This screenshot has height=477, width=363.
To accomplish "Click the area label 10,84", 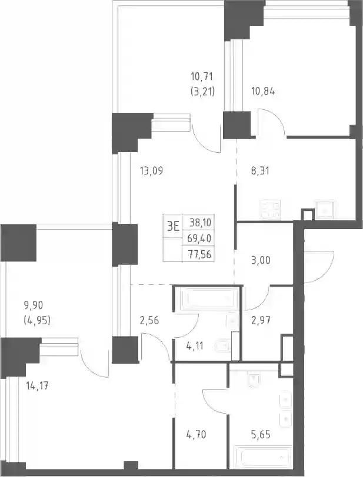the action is coord(263,91).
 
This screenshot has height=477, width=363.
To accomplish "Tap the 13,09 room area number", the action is coord(151,171).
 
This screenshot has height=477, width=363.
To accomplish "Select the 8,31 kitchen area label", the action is coord(260,171).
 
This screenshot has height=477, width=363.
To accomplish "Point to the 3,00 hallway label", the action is coord(261,260).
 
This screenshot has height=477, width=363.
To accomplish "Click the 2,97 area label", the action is coord(261,320).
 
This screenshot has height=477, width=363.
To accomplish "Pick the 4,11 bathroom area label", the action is coord(194,346).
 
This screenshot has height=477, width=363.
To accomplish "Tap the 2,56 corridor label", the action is coord(149,320).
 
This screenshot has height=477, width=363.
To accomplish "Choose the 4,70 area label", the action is coord(196,435).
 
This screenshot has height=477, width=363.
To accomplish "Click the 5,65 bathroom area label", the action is coord(261,435).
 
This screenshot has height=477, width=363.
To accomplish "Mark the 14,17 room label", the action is coord(38,387).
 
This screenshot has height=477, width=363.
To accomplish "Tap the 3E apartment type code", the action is coord(173,226).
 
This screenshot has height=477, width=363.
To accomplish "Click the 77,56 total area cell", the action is coord(199,254).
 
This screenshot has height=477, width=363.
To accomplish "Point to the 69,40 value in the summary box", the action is coord(199,238).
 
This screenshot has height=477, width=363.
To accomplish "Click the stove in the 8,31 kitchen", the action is coord(270,210).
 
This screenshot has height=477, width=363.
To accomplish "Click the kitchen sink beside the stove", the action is coord(325,210).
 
